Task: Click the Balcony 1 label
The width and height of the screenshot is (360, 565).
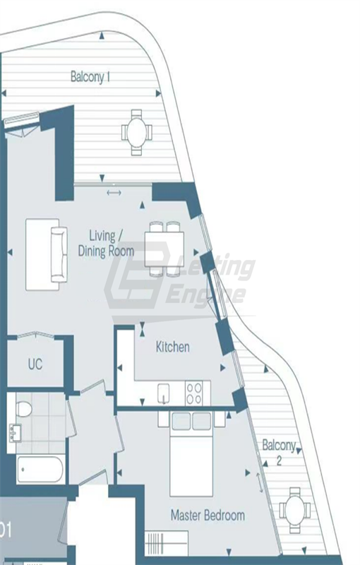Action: (x=90, y=77)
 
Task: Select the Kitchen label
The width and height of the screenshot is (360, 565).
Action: (x=173, y=347)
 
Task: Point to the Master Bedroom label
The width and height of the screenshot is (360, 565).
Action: (x=208, y=515)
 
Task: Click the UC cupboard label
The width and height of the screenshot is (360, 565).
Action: (x=35, y=364)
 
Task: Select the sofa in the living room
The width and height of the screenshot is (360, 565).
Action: (x=47, y=254)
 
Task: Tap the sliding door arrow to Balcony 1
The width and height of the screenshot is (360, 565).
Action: (x=113, y=193)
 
